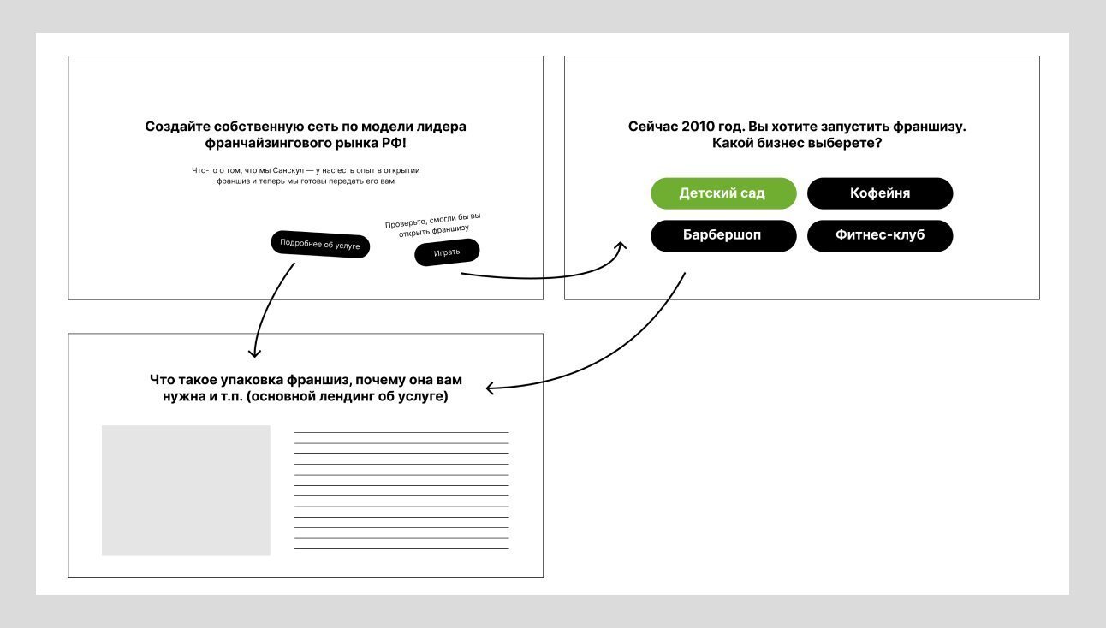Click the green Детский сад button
(x=722, y=193)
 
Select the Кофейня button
(x=879, y=193)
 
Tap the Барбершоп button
(x=722, y=235)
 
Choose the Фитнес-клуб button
(x=879, y=235)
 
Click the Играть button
(x=447, y=252)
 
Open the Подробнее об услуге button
(x=320, y=244)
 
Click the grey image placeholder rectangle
(x=186, y=490)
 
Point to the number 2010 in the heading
(x=699, y=127)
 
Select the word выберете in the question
(x=847, y=143)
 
